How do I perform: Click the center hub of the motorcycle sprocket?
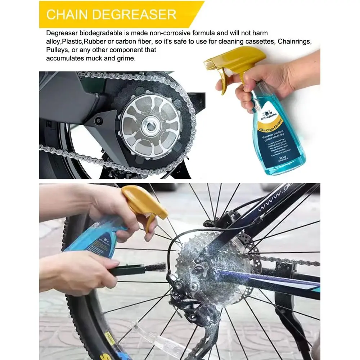(x=150, y=126)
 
